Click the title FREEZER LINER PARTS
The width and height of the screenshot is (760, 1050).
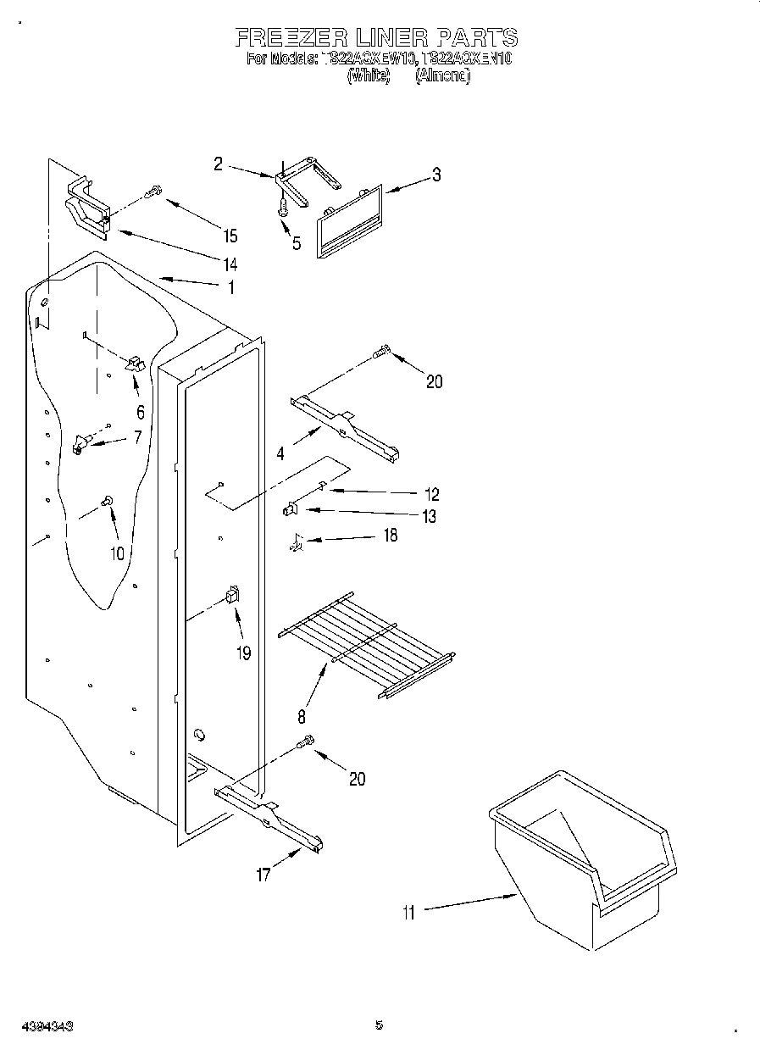[375, 37]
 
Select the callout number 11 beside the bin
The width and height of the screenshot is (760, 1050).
[409, 912]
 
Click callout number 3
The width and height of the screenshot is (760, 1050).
[435, 175]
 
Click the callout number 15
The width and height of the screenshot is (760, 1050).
[230, 236]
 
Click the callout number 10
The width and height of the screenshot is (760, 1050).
[116, 553]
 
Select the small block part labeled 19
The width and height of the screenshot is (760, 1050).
[232, 596]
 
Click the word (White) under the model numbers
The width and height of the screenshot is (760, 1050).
[369, 75]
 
